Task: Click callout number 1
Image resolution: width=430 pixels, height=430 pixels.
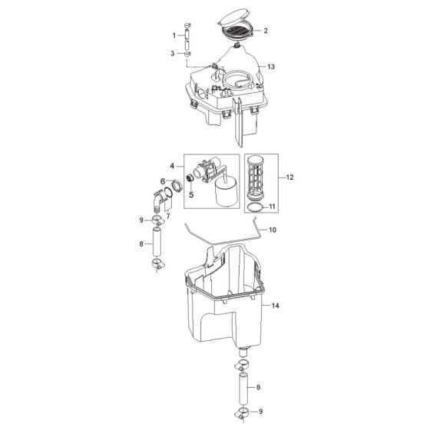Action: point(174,35)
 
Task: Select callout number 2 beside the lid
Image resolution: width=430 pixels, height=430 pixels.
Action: point(266,31)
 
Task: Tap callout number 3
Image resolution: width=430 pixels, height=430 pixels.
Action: point(173,53)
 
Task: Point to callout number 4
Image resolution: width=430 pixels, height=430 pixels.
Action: point(172,166)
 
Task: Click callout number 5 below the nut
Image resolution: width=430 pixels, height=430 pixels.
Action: point(191,195)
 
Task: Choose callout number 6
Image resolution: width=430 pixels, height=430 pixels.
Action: point(163,181)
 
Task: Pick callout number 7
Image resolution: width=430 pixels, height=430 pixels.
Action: point(168,217)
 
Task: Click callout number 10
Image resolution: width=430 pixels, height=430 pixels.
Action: point(273,230)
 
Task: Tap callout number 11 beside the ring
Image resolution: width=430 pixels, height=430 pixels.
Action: point(272,207)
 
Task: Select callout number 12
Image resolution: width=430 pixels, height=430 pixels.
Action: point(289,177)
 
